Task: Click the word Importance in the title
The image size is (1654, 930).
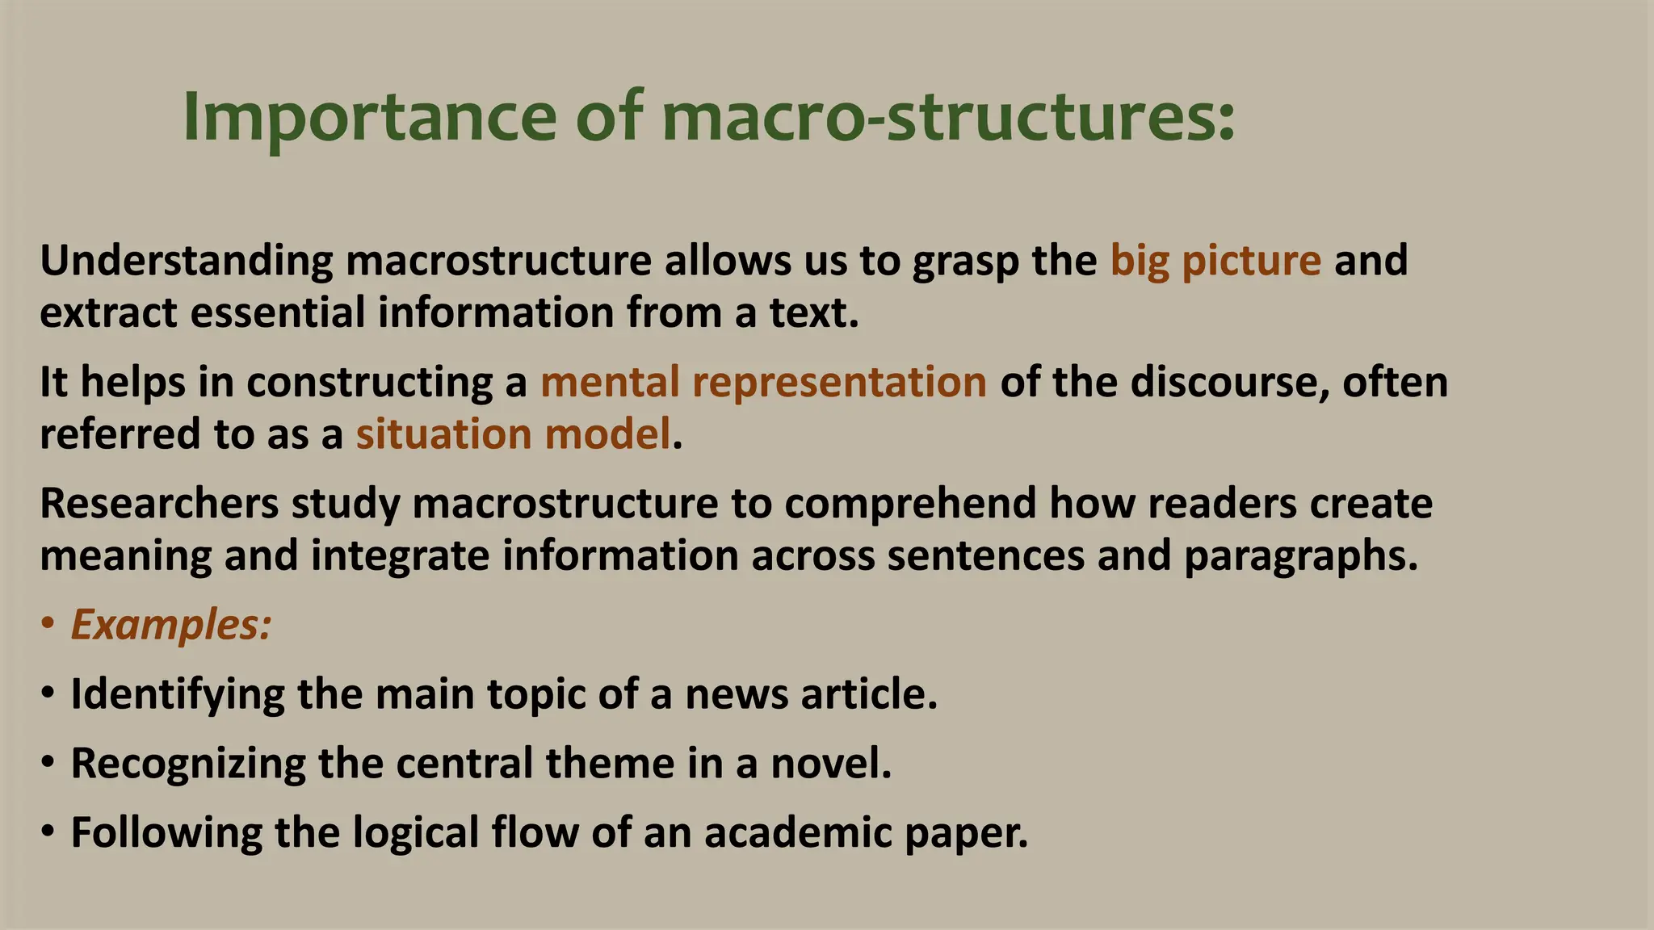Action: point(370,118)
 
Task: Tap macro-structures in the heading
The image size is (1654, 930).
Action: point(948,118)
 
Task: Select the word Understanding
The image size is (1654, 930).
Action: point(187,262)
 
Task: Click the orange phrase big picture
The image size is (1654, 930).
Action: point(1215,262)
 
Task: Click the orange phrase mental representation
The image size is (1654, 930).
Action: point(763,383)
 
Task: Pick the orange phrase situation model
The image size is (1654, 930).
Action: point(514,434)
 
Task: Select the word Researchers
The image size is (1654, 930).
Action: point(159,504)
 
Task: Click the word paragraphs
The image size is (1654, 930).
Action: point(1300,556)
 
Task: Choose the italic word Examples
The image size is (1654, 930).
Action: point(170,625)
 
